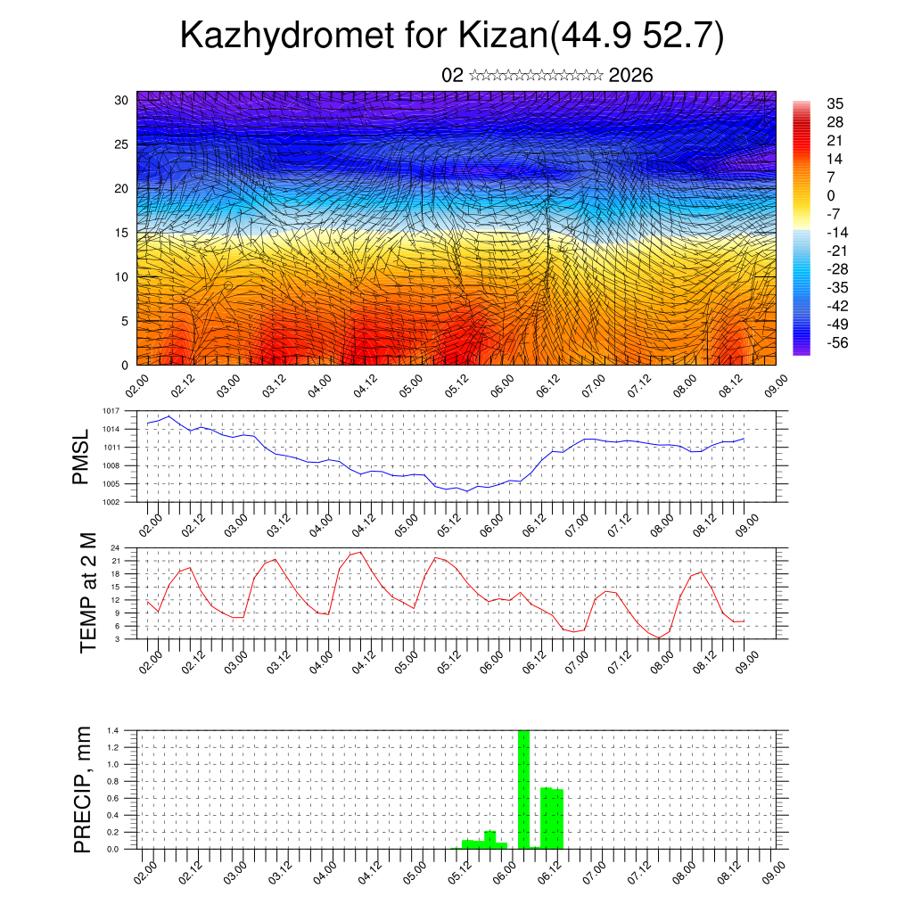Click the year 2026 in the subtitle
[x=631, y=76]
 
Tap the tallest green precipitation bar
[x=524, y=789]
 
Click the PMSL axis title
[x=81, y=456]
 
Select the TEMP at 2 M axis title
[x=88, y=593]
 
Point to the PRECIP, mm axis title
[x=83, y=789]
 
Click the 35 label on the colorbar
[x=835, y=103]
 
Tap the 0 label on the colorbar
[x=832, y=195]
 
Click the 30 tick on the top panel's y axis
[x=122, y=100]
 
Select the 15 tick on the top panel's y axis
[x=122, y=233]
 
